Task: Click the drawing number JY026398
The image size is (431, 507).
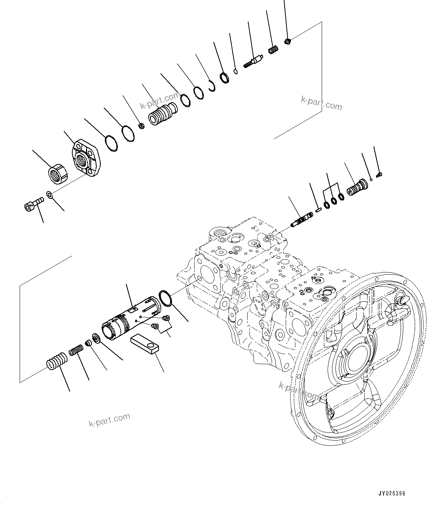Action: coord(392,494)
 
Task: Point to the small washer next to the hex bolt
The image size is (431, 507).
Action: coord(49,194)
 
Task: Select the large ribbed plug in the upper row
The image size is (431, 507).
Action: coord(162,114)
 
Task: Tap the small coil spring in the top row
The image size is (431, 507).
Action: coord(273,50)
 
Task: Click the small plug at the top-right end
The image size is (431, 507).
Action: coord(288,41)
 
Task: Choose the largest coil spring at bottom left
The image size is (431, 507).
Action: coord(57,360)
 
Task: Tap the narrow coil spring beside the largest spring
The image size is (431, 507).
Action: coord(76,350)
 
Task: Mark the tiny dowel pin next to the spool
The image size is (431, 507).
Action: coord(318,210)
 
